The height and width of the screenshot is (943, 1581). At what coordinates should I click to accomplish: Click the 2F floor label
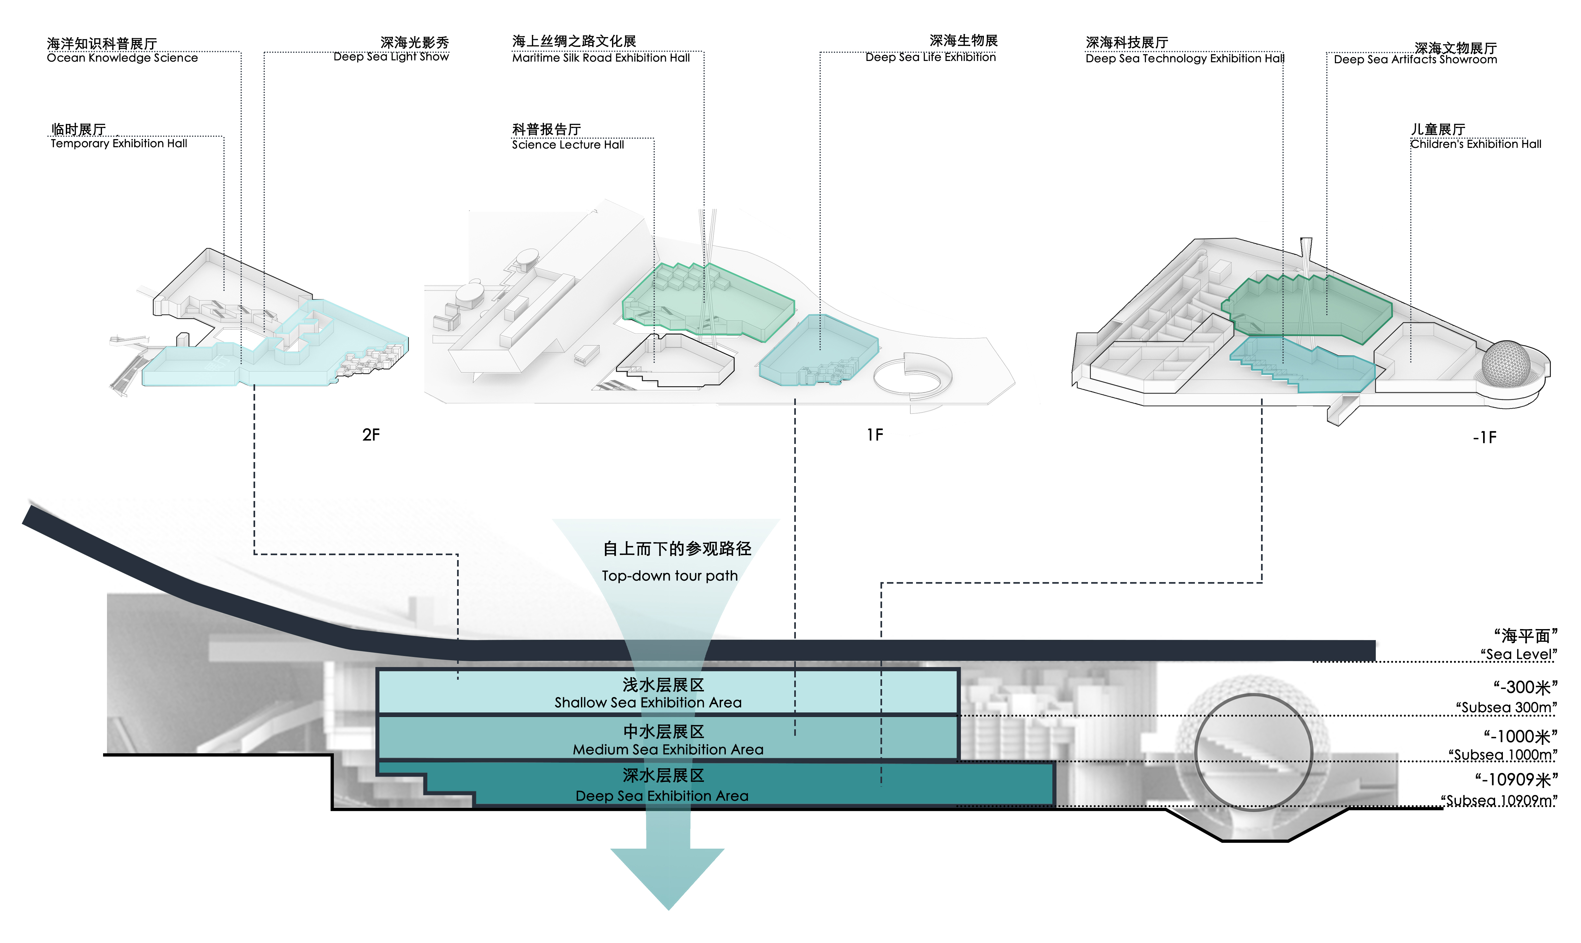coord(371,435)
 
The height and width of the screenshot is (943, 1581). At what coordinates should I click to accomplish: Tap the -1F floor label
coord(1484,438)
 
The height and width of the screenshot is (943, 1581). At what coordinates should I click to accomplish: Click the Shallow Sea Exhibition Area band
coord(667,693)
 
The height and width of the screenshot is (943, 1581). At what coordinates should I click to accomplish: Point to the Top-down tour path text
coord(670,576)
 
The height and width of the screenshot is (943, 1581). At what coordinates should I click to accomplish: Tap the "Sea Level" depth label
coord(1518,654)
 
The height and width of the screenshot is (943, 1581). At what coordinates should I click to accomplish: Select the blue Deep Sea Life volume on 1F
coord(820,350)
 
